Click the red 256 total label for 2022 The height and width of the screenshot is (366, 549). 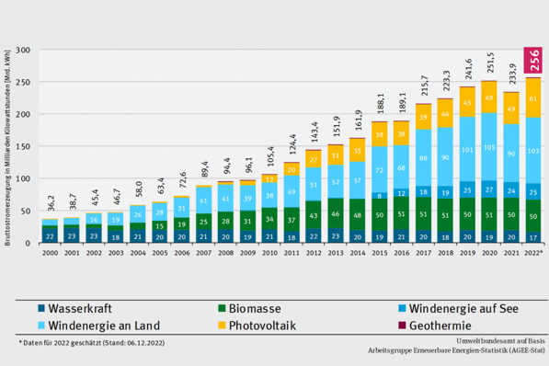click(533, 60)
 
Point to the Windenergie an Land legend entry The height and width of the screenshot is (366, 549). click(97, 325)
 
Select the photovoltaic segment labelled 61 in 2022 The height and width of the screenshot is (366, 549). click(533, 98)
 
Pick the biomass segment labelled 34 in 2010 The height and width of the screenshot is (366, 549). click(269, 219)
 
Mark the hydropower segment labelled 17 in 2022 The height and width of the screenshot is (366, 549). click(533, 236)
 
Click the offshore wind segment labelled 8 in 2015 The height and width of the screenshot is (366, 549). click(379, 196)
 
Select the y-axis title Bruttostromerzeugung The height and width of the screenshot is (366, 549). click(8, 147)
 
